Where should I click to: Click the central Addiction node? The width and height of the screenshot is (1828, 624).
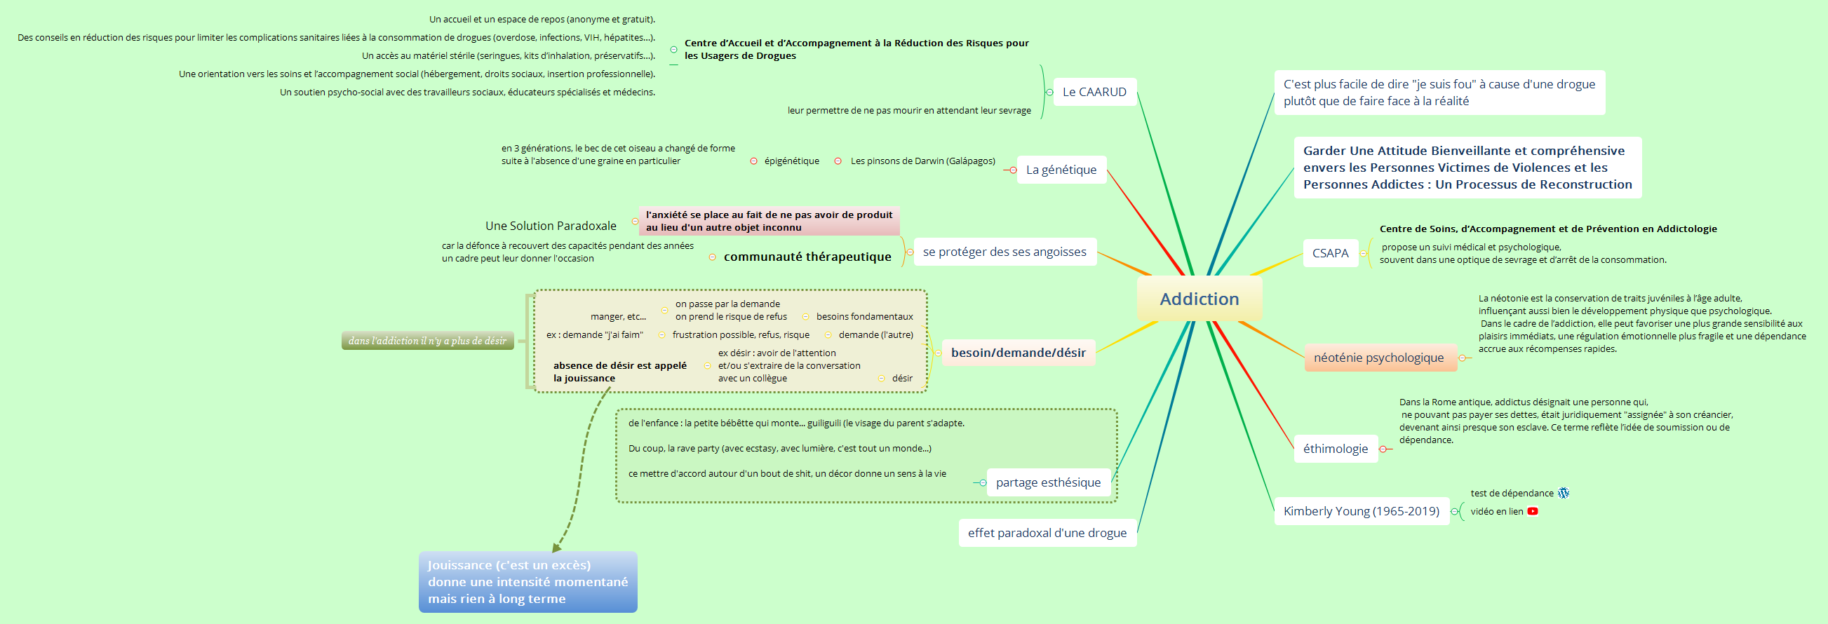click(x=1199, y=299)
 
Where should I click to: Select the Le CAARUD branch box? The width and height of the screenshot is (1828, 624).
click(x=1094, y=92)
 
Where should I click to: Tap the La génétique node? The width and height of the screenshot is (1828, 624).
click(x=1061, y=170)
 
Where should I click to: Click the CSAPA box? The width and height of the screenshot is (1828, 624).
click(x=1330, y=253)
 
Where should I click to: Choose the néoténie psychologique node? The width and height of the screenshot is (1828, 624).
click(x=1380, y=358)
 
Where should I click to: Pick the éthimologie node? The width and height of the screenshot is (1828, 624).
click(x=1336, y=449)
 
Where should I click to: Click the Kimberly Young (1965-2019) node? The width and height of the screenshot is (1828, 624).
click(x=1361, y=511)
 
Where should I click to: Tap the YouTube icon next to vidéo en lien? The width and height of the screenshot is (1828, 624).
click(x=1533, y=511)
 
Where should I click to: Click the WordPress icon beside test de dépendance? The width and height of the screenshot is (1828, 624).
click(x=1564, y=493)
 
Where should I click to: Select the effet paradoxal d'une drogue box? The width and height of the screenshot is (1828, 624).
click(x=1047, y=534)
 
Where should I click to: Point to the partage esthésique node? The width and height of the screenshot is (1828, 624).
click(x=1048, y=483)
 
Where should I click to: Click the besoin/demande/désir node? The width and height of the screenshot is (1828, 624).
click(x=1019, y=353)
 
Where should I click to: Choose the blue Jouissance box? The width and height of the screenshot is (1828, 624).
click(x=528, y=582)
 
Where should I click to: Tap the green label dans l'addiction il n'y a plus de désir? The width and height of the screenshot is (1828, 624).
click(x=427, y=340)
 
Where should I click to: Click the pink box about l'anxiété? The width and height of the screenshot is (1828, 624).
click(x=769, y=221)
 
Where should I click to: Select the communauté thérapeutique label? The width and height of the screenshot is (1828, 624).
click(x=807, y=257)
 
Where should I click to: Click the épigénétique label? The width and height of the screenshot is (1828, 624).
click(x=791, y=161)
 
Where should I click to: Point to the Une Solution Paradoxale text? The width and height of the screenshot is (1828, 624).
click(x=551, y=226)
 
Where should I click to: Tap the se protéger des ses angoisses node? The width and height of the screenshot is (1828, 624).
click(x=1004, y=252)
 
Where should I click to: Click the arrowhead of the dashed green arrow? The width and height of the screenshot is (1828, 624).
click(x=556, y=548)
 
